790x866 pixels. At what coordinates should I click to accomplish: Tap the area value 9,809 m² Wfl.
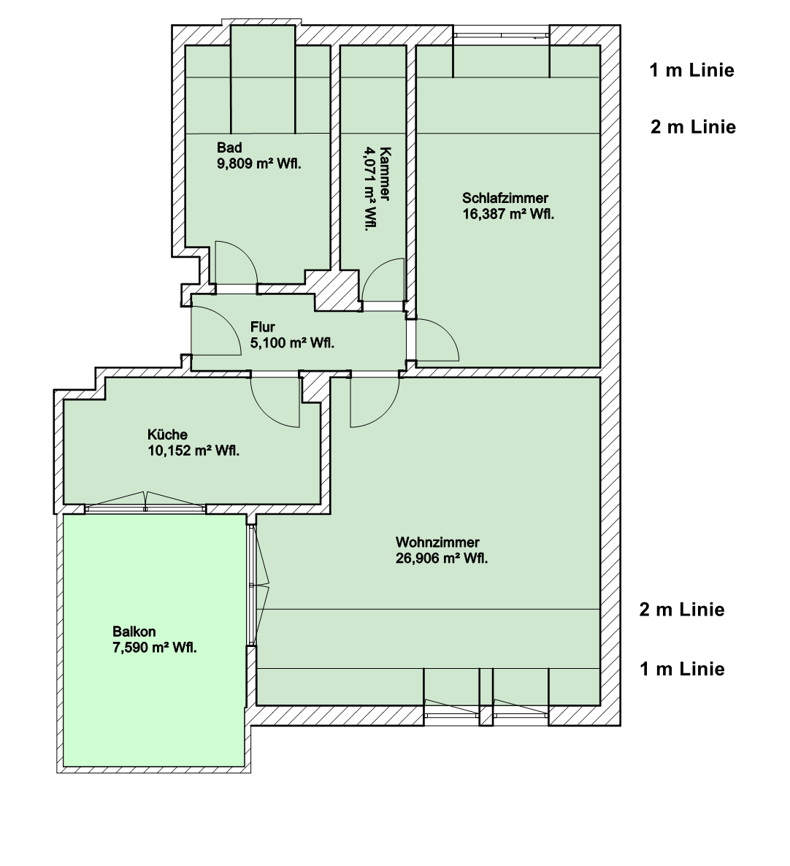click(259, 164)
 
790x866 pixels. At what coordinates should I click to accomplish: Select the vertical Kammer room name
click(386, 173)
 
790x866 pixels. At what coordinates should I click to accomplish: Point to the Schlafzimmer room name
click(505, 198)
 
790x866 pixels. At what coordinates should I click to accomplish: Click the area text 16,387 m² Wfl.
click(508, 213)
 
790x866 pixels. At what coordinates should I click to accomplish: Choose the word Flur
click(263, 327)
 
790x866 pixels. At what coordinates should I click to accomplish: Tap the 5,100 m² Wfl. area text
click(292, 342)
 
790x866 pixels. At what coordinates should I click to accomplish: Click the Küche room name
click(162, 435)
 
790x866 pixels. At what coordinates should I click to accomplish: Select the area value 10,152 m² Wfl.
click(193, 451)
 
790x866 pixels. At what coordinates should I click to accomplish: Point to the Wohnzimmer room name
click(437, 543)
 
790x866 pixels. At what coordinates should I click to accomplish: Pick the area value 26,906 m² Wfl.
click(442, 559)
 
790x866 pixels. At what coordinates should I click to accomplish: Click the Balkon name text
click(134, 632)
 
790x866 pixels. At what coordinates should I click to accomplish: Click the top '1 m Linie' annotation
click(691, 70)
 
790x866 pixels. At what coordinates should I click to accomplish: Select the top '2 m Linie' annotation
click(693, 127)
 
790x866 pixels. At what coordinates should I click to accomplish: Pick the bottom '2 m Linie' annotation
click(682, 609)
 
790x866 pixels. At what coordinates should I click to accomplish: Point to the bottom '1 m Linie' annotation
click(682, 668)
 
